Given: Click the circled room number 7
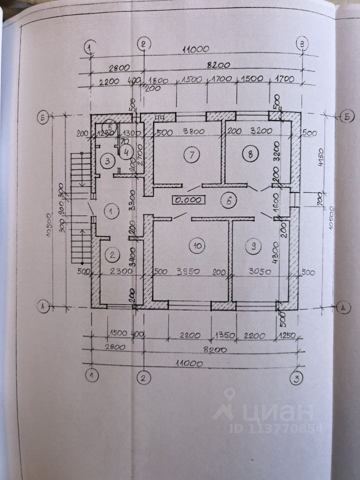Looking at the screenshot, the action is pyautogui.click(x=191, y=155).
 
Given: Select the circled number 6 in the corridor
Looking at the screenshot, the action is pyautogui.click(x=228, y=201).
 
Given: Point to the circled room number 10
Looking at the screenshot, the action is pyautogui.click(x=197, y=245).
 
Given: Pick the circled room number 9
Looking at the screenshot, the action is pyautogui.click(x=254, y=245).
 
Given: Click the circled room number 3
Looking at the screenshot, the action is pyautogui.click(x=106, y=161).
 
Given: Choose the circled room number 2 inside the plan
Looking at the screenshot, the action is pyautogui.click(x=113, y=254).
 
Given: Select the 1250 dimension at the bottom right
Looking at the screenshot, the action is pyautogui.click(x=287, y=335).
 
